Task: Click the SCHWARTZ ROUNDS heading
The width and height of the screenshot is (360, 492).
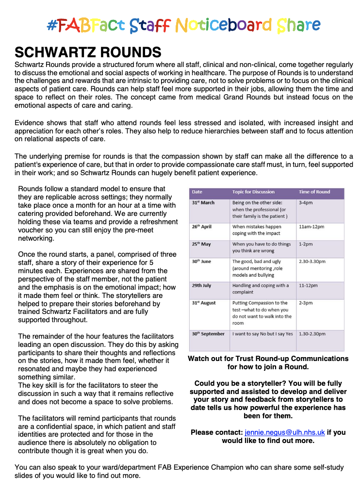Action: click(x=88, y=52)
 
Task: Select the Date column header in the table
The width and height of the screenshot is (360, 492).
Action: click(x=197, y=192)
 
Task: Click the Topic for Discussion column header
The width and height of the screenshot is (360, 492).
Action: click(x=253, y=192)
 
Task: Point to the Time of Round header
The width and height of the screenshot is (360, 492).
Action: click(x=314, y=192)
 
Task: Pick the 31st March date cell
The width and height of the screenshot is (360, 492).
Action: click(x=203, y=203)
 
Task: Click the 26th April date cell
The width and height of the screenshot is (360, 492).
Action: click(x=202, y=227)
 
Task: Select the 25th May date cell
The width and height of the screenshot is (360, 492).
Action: click(x=202, y=244)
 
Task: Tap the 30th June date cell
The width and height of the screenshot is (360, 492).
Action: click(x=201, y=262)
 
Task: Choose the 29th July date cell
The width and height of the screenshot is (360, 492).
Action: click(x=201, y=286)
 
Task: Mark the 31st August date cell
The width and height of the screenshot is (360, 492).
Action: click(x=204, y=303)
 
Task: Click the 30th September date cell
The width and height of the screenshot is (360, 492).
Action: click(x=208, y=334)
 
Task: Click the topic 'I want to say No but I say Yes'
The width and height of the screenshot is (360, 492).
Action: click(x=262, y=334)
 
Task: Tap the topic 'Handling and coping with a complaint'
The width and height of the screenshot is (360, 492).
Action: click(x=261, y=289)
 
